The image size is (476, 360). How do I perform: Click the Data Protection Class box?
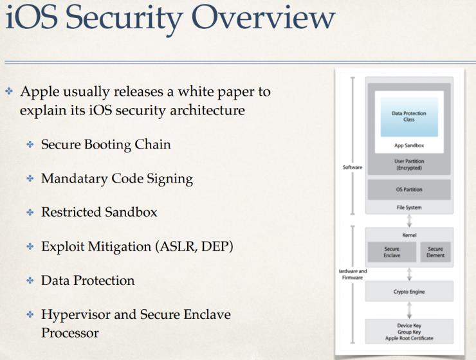[408, 116]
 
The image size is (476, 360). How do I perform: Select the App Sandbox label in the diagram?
[408, 145]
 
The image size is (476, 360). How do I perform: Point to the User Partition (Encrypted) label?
[408, 164]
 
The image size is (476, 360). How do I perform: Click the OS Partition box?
[408, 190]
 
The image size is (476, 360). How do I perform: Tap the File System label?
[408, 208]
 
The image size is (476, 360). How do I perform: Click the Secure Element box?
[435, 251]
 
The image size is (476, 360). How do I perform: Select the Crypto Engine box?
[408, 291]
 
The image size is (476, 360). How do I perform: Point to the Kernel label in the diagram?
[408, 235]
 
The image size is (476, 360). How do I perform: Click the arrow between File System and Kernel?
[408, 220]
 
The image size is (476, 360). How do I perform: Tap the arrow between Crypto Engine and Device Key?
[408, 310]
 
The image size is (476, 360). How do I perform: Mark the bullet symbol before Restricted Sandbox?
[30, 213]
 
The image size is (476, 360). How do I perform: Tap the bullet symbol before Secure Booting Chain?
[30, 145]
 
